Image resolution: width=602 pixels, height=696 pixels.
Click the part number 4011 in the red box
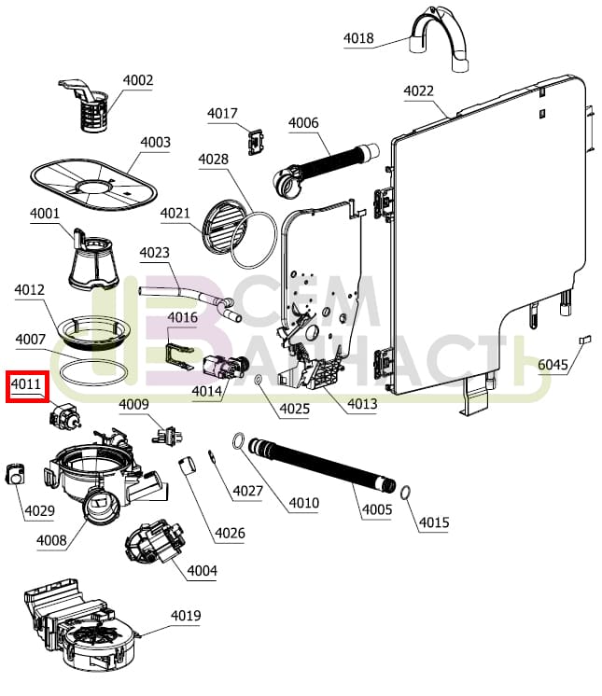(25, 384)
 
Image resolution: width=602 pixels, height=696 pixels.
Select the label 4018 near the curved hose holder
(358, 38)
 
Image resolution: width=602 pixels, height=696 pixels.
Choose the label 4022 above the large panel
(418, 90)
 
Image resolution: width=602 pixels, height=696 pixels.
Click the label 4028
(213, 160)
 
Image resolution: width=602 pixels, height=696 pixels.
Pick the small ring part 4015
(407, 492)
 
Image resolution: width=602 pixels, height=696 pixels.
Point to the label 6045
(553, 365)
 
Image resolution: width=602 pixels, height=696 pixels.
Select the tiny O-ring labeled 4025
(257, 380)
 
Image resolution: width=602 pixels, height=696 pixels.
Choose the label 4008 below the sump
(52, 540)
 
